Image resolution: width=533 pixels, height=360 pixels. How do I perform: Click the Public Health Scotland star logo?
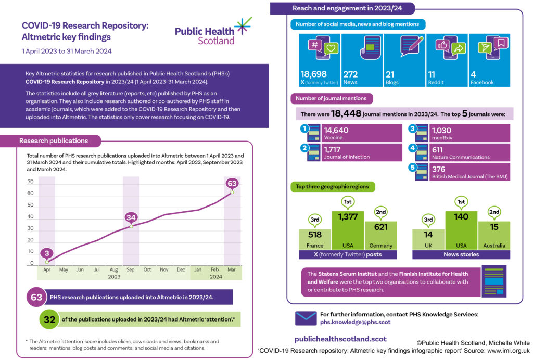244,26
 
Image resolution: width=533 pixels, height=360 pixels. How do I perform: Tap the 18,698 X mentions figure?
313,74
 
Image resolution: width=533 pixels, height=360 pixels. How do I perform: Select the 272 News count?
350,74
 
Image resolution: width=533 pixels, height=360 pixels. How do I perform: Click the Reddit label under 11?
436,83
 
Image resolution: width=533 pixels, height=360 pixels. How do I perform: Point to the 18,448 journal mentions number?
346,113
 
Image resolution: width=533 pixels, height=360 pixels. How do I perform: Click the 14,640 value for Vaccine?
336,130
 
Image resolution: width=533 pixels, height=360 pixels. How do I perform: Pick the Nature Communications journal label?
461,157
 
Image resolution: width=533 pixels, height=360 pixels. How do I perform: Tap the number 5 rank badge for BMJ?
413,168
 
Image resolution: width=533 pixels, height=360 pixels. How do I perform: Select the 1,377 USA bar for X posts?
348,230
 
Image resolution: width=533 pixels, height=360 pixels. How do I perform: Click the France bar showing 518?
315,239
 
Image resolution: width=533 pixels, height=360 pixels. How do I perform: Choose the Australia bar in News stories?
494,236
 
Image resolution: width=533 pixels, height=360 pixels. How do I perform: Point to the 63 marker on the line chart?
232,184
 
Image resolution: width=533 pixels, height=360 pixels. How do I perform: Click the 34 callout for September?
131,217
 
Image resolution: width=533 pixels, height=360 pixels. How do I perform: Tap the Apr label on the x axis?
47,269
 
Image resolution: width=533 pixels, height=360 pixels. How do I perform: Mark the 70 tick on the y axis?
31,182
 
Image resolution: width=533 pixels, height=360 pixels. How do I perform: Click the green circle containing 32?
49,319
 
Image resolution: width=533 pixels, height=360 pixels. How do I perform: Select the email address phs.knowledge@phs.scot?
355,322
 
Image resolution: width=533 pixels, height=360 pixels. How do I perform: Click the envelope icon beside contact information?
306,318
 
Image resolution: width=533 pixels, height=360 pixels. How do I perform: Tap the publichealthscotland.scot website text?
340,339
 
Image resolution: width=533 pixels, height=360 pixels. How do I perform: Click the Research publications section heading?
54,140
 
